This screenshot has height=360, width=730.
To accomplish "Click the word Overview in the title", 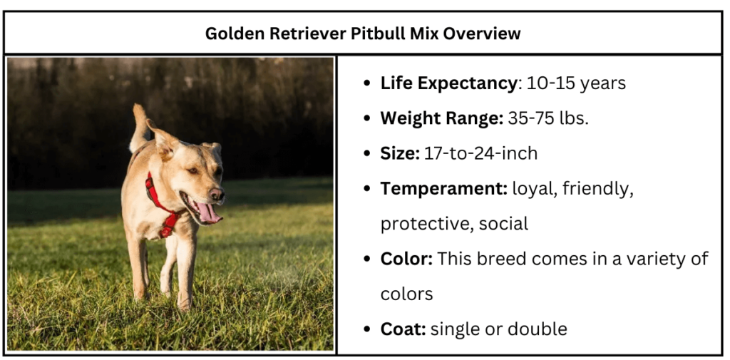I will [484, 34].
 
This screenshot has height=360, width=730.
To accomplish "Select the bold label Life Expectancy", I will [448, 83].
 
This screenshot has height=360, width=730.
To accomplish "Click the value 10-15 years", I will [576, 83].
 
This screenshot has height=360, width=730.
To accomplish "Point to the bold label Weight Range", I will [440, 118].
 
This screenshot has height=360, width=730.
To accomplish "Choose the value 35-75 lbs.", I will [548, 118].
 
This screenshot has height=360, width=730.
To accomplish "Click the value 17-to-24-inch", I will [480, 153].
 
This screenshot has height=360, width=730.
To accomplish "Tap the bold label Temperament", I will [442, 188].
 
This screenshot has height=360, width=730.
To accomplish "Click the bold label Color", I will [406, 258].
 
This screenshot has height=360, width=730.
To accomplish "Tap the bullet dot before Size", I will [366, 154].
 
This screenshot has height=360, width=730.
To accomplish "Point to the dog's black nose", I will [217, 193].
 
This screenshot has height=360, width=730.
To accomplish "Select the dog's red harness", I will [160, 202].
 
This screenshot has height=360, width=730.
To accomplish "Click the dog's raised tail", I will [139, 125].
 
